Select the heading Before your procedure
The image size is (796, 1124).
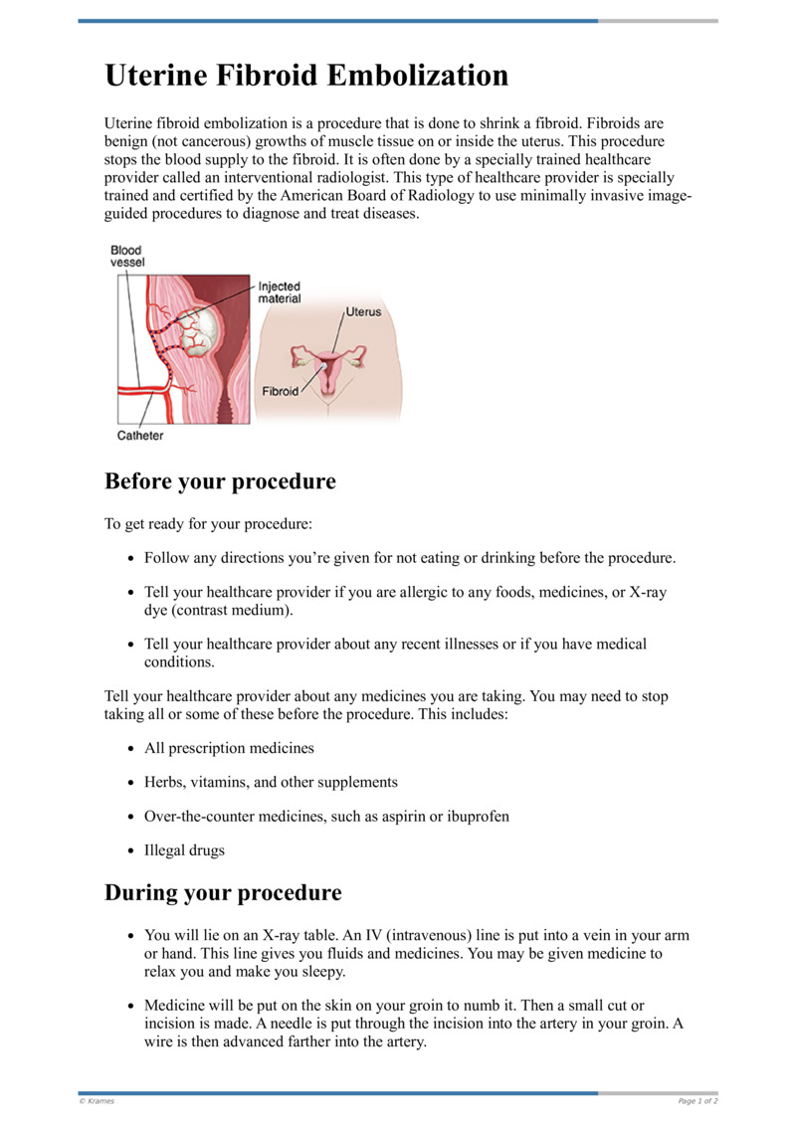coord(220,482)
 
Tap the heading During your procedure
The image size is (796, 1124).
coord(223,892)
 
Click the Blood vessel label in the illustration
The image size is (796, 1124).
coord(125,257)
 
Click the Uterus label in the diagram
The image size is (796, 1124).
coord(363,311)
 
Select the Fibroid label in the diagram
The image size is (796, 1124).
coord(280,391)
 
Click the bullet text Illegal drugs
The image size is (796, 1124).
coord(184,850)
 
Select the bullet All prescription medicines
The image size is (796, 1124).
coord(229,747)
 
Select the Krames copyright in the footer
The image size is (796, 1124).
coord(97,1101)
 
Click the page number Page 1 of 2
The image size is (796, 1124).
coord(697,1101)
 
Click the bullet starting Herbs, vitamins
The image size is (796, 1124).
coord(271,782)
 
